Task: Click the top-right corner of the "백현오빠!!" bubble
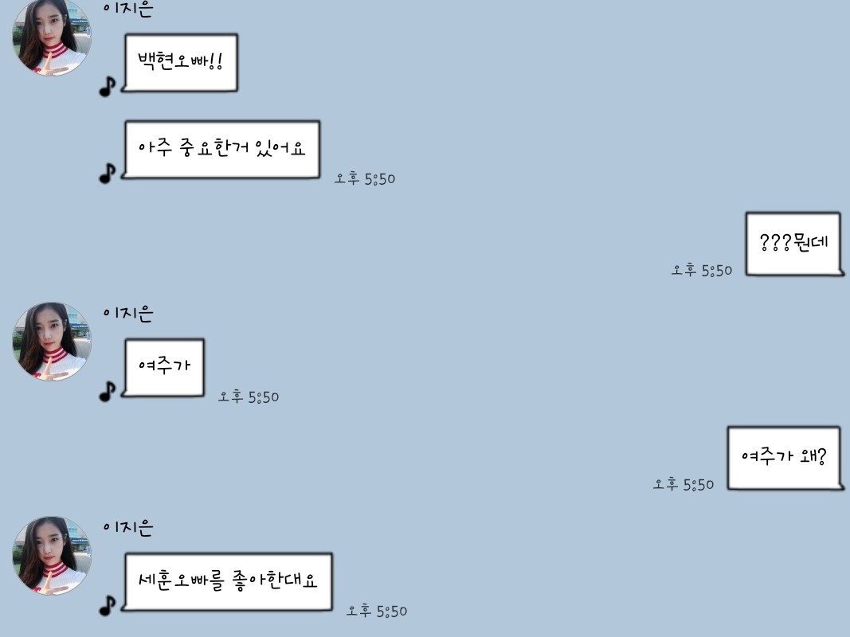[237, 35]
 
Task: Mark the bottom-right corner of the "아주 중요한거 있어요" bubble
[319, 177]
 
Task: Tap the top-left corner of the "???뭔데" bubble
[746, 213]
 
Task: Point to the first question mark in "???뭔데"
[764, 242]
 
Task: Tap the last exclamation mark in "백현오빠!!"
[219, 61]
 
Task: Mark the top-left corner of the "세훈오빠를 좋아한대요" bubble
[126, 553]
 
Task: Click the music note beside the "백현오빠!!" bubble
[108, 86]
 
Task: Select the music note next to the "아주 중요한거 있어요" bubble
[108, 174]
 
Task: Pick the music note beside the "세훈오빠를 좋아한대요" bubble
[108, 606]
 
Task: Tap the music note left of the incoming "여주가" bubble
[108, 391]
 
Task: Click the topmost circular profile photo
[52, 36]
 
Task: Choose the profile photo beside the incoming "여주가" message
[52, 342]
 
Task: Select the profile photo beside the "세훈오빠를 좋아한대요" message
[52, 556]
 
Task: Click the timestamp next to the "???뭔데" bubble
[702, 270]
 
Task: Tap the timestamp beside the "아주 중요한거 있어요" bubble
[365, 178]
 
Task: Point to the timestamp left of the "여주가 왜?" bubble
[683, 483]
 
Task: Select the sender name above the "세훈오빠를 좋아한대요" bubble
[128, 526]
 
